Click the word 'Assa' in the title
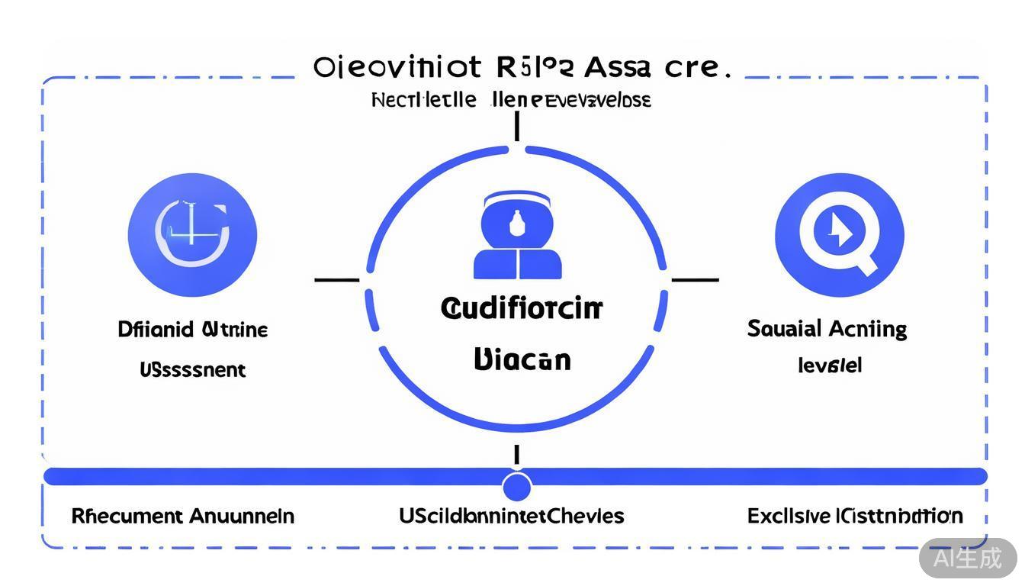tap(617, 67)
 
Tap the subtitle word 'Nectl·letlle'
tap(424, 100)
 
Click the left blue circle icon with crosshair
tap(192, 234)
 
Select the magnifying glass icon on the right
tap(839, 234)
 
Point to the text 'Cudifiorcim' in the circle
tap(522, 309)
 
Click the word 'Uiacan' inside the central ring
tap(522, 359)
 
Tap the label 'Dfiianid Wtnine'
tap(193, 330)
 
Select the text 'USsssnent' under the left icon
tap(192, 370)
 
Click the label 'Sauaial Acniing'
tap(827, 329)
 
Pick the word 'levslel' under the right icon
tap(829, 365)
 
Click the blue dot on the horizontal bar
tap(517, 486)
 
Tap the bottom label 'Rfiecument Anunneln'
tap(182, 516)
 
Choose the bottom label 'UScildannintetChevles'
tap(511, 516)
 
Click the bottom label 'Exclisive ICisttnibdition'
tap(855, 516)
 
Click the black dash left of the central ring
tap(336, 280)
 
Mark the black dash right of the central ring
tap(695, 280)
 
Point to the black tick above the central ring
tap(517, 126)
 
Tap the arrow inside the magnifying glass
tap(840, 230)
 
